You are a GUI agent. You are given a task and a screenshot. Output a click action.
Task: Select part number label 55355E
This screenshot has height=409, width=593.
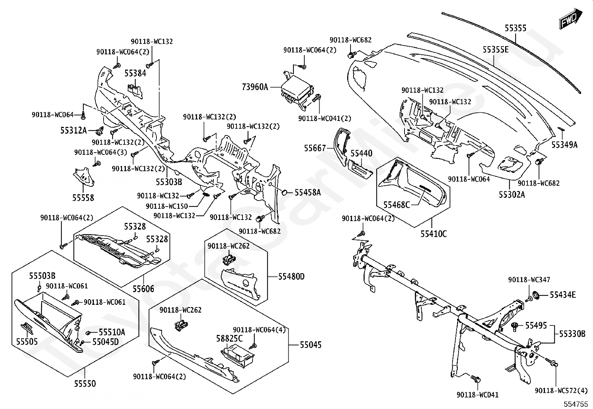point(495,49)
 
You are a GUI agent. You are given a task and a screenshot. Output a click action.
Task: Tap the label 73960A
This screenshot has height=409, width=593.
point(255,87)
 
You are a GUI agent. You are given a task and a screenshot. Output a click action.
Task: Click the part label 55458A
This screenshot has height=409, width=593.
point(308,192)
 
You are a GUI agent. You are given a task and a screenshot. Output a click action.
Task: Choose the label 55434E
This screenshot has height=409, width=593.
point(563,295)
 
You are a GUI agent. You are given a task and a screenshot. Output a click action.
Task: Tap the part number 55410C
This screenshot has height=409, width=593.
point(434,234)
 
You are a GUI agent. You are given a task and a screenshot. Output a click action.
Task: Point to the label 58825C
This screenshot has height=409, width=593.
point(229,339)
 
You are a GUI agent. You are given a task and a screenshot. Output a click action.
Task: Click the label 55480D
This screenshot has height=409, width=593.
point(291,277)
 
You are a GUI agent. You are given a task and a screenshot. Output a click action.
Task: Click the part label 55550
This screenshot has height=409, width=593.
point(85,383)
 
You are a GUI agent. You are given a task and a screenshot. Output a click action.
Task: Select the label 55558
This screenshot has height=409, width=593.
point(83,198)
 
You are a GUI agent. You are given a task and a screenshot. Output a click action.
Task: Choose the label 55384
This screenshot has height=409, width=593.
point(135,73)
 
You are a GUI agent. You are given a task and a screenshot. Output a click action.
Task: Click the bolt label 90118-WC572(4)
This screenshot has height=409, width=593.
point(561,390)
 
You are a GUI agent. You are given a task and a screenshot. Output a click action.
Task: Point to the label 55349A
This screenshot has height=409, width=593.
point(564,145)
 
